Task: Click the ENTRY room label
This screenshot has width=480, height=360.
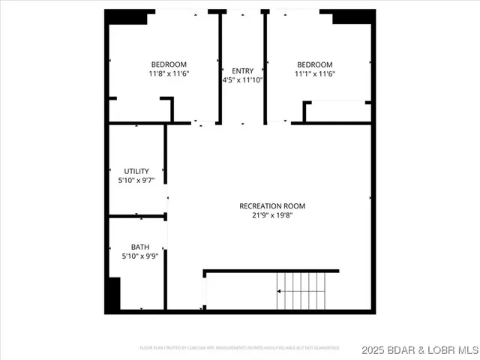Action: point(242,70)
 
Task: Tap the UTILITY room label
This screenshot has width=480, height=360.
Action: point(136,171)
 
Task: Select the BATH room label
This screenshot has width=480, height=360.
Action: point(140,246)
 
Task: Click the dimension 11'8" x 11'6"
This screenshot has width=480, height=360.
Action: point(169,73)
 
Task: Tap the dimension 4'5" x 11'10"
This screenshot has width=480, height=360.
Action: point(242,79)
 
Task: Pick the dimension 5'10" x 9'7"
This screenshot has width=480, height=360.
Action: point(136,181)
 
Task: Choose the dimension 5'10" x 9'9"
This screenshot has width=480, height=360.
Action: point(140,256)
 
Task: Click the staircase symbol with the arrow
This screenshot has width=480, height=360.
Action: point(302,290)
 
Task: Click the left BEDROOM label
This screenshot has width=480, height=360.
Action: point(169,64)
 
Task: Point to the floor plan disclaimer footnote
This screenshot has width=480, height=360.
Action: point(239,348)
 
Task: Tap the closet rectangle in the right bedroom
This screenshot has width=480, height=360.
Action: point(337,112)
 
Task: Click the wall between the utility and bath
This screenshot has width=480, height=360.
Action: point(137,217)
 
